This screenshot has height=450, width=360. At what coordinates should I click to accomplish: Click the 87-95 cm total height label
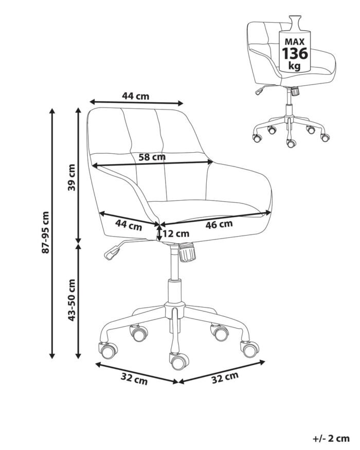coord(46,232)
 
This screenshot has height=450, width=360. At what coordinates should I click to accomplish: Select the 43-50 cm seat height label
coord(71,300)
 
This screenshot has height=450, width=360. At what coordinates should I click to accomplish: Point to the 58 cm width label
coord(152,157)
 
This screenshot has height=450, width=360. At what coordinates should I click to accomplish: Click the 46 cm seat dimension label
coord(219,224)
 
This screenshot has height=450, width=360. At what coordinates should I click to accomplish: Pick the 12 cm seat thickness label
coord(176,234)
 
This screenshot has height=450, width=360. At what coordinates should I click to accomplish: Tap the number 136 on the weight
coord(295,53)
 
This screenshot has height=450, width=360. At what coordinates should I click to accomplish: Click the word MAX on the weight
coord(295,42)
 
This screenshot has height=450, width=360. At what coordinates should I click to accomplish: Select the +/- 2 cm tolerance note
coord(331,439)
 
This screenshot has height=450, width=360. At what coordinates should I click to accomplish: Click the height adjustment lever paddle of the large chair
coord(112,253)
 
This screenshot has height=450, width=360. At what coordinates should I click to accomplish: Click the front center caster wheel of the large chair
coord(178,361)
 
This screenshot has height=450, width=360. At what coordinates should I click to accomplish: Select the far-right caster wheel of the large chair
coord(250,349)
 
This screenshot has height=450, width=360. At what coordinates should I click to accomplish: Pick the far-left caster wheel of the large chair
coord(108,350)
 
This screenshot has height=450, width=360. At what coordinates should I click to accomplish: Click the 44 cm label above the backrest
coord(136,96)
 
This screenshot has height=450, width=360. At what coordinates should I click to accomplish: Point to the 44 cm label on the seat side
coord(129,225)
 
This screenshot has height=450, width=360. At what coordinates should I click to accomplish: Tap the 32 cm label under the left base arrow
coord(134,379)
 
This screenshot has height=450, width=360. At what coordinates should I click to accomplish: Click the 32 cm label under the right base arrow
coord(225,378)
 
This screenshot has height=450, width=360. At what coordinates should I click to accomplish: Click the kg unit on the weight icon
coord(294,66)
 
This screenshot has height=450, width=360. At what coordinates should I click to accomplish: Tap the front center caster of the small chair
coord(291,143)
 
